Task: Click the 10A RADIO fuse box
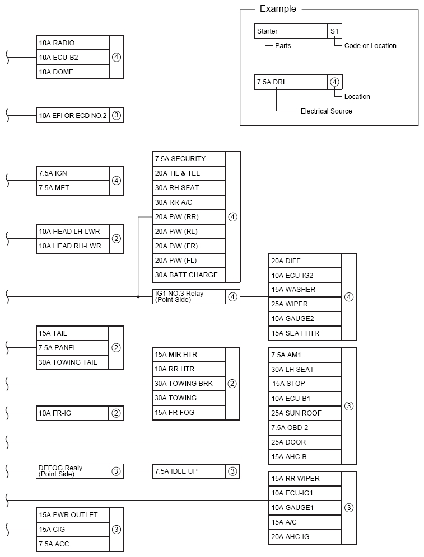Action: (72, 43)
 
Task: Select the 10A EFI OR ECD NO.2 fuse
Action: (72, 116)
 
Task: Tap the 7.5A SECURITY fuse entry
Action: (189, 159)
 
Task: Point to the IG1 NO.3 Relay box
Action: (189, 297)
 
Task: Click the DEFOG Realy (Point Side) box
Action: (72, 471)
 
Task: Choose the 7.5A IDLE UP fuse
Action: (189, 471)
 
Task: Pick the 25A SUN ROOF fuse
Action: (305, 413)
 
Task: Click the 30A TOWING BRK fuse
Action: (189, 384)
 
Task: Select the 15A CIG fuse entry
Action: (72, 529)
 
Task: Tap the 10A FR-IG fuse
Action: (72, 413)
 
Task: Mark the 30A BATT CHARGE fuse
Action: (189, 275)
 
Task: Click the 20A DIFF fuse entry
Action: (305, 261)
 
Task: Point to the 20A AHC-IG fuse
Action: (305, 537)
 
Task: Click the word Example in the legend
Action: (278, 9)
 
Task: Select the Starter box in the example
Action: (291, 31)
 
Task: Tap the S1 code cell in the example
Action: (334, 31)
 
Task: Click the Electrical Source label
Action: (326, 111)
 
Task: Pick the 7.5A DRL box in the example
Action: (291, 82)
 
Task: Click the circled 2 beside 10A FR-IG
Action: (116, 413)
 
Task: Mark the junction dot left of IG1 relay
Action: (138, 297)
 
